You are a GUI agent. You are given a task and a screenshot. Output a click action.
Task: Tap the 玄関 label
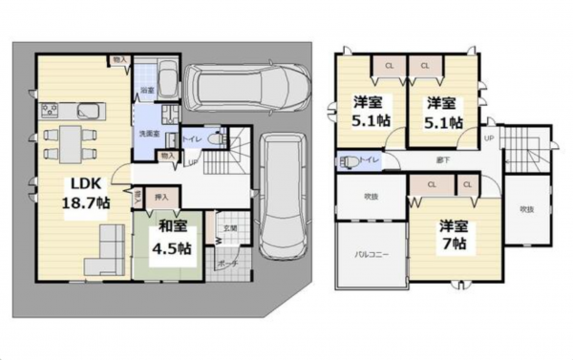(x=229, y=227)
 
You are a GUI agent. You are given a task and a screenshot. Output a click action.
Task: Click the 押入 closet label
(x=162, y=198)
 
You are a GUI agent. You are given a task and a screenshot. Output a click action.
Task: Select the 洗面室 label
(x=147, y=134)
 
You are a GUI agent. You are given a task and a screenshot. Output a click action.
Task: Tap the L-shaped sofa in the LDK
(x=105, y=250)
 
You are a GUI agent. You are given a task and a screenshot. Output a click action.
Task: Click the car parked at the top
(x=247, y=86)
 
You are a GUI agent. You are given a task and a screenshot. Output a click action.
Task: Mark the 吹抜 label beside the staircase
(x=525, y=208)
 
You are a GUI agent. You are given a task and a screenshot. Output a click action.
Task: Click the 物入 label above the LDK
(x=118, y=60)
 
